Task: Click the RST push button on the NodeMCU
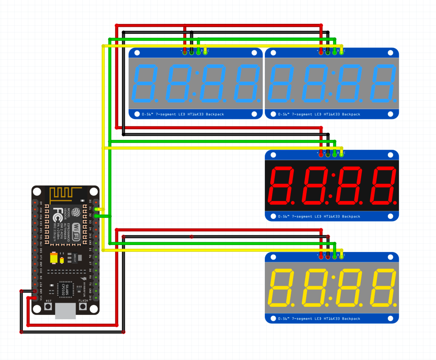(48, 307)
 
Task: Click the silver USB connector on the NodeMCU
(65, 311)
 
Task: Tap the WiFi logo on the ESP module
(76, 232)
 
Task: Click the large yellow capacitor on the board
(53, 258)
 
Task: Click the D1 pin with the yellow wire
(96, 209)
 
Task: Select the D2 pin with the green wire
(96, 216)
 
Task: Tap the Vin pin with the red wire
(35, 298)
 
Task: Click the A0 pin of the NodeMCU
(35, 203)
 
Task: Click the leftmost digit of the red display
(281, 185)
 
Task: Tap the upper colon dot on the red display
(333, 175)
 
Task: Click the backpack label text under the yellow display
(319, 319)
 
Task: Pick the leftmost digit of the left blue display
(145, 83)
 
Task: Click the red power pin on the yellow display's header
(321, 257)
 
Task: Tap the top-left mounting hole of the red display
(273, 155)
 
